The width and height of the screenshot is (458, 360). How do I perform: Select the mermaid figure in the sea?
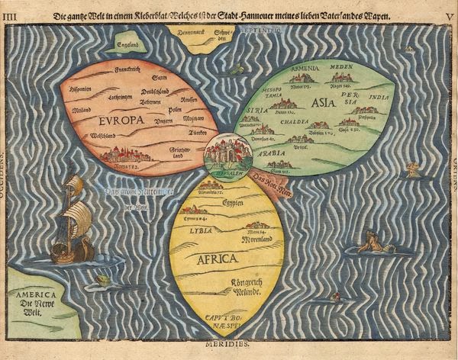(370, 244)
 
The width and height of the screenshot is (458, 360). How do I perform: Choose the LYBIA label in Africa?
(202, 230)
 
